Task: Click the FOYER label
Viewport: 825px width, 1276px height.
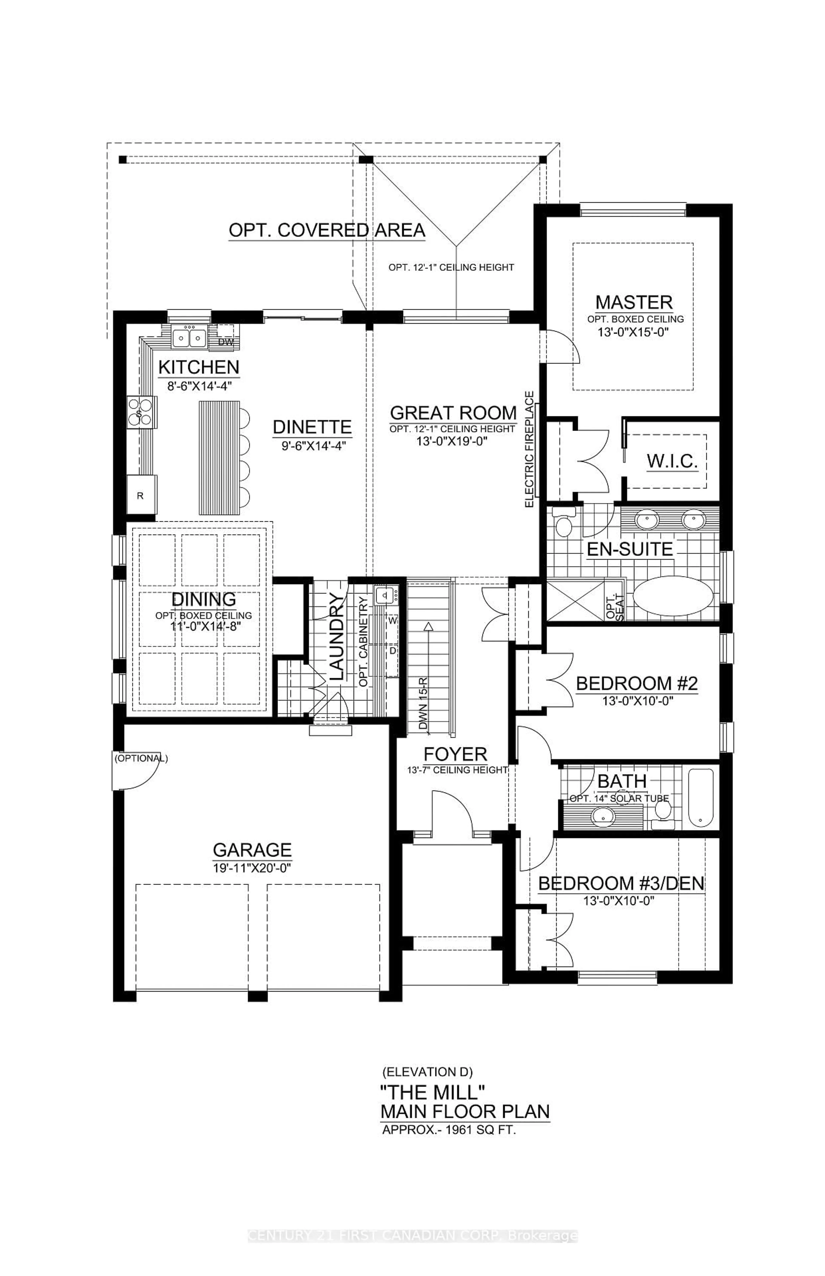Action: coord(455,755)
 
